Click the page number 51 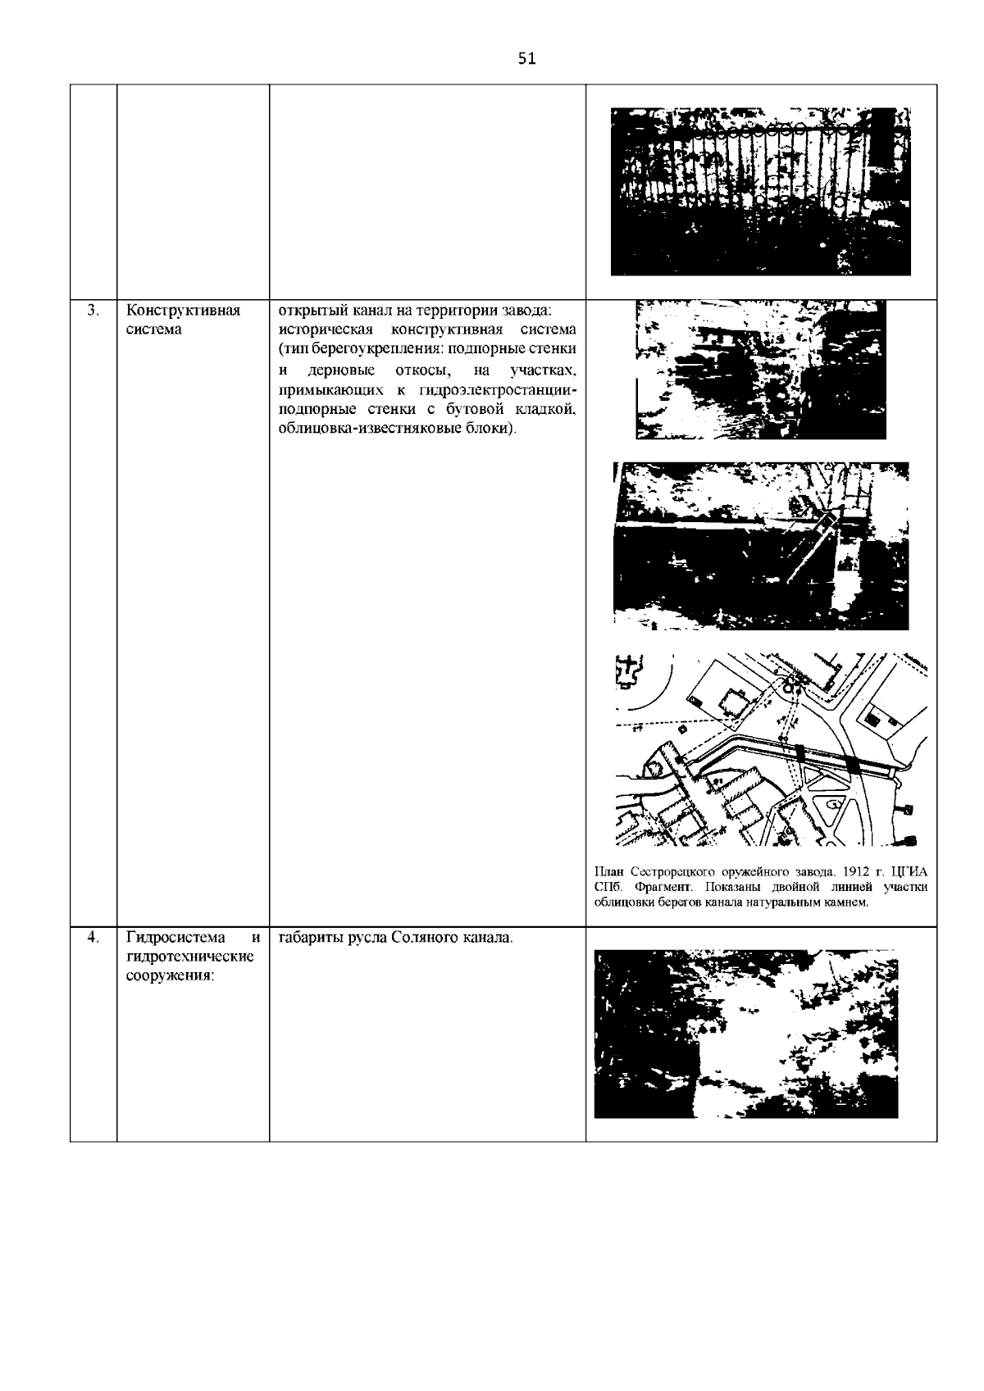click(x=526, y=58)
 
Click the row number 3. click(x=93, y=310)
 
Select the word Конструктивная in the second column click(x=183, y=311)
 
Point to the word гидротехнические click(x=190, y=957)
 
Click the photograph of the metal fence click(x=760, y=191)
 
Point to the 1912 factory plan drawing click(x=771, y=749)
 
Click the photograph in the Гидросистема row click(x=745, y=1034)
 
